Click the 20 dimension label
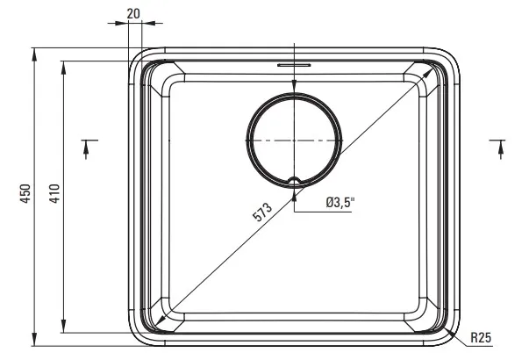point(133,13)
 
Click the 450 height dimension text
point(25,193)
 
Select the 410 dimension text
point(54,193)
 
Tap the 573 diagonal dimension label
point(262,212)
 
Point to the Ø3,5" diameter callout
point(340,203)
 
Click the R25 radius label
point(481,337)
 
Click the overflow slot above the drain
point(294,65)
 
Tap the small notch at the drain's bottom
point(295,181)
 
